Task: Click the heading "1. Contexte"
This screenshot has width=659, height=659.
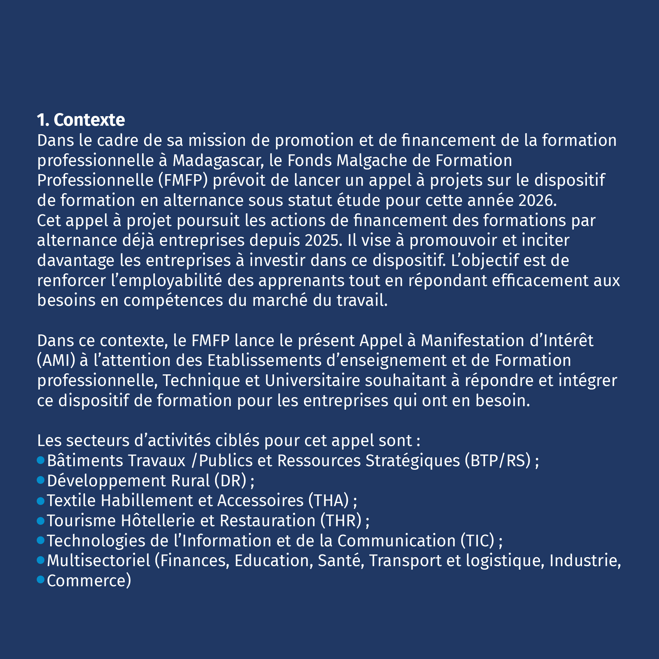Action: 81,120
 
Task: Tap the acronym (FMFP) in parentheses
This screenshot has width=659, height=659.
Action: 183,180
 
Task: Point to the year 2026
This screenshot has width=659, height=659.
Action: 537,201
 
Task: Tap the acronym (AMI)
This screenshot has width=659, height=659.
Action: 56,361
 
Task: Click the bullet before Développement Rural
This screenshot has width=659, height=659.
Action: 41,480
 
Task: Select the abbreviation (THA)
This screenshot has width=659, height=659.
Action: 328,500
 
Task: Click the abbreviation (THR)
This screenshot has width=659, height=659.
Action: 341,521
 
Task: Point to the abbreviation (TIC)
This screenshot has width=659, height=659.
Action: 477,541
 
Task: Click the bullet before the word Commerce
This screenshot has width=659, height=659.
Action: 41,580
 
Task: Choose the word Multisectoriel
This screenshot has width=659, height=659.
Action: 99,561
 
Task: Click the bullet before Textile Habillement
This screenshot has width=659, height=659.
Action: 41,500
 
